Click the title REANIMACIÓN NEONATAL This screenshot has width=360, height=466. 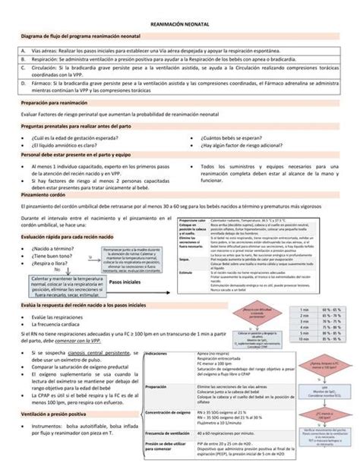click(x=180, y=25)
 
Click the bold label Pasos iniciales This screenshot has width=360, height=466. click(x=125, y=282)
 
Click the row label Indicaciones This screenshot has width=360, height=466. click(x=156, y=332)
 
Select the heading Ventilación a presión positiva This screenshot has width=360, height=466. click(x=61, y=416)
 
